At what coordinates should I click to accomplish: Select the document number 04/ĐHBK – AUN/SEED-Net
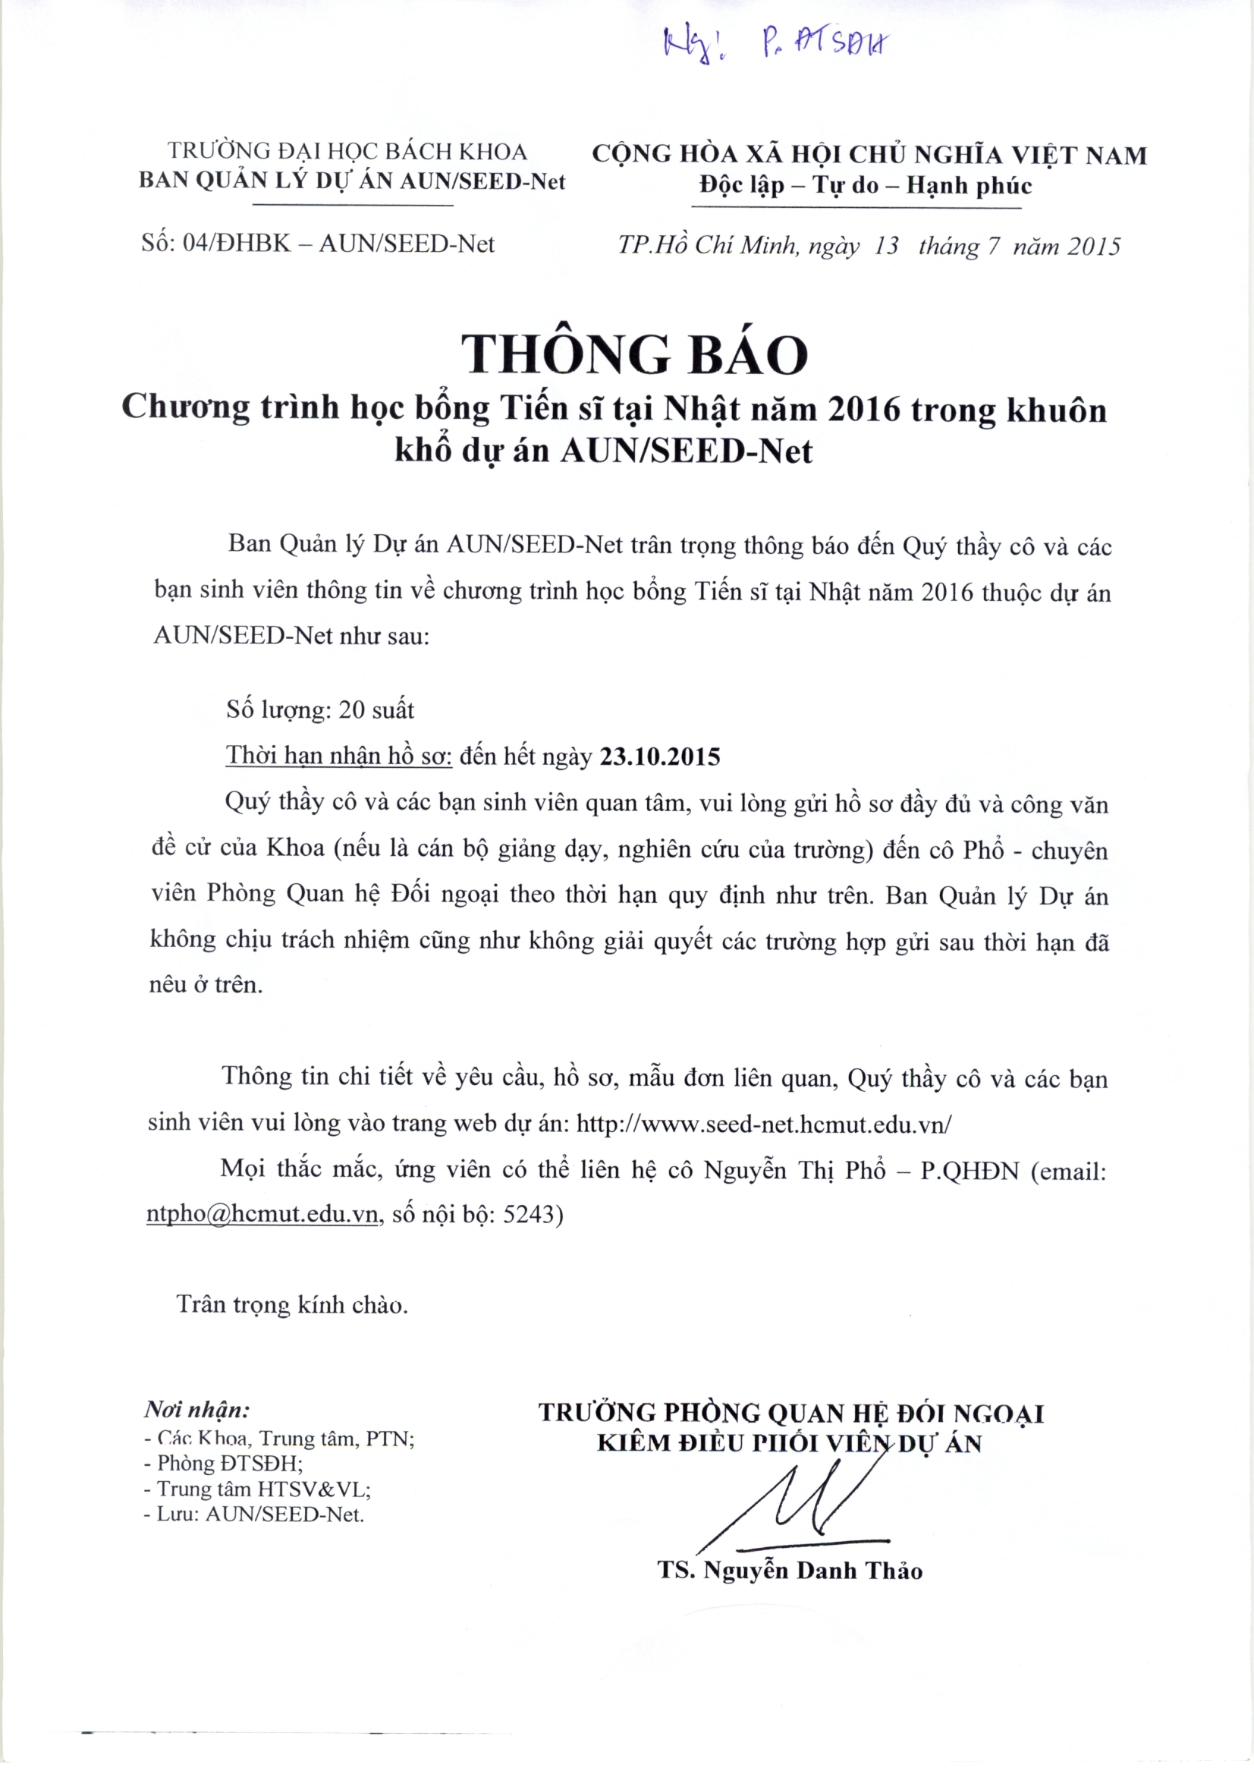[338, 244]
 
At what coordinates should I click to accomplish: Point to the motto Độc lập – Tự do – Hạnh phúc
[866, 186]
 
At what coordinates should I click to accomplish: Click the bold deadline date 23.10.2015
[660, 756]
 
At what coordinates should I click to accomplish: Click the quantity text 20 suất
[376, 709]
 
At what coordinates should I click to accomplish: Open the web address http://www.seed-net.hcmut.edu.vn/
[764, 1124]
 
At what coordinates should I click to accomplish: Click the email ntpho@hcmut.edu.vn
[262, 1214]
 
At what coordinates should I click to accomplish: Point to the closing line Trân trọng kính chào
[292, 1305]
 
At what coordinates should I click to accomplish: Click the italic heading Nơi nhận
[197, 1409]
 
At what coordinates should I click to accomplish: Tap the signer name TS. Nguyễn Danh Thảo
[790, 1571]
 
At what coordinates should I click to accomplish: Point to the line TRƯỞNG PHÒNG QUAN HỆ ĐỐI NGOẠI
[791, 1412]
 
